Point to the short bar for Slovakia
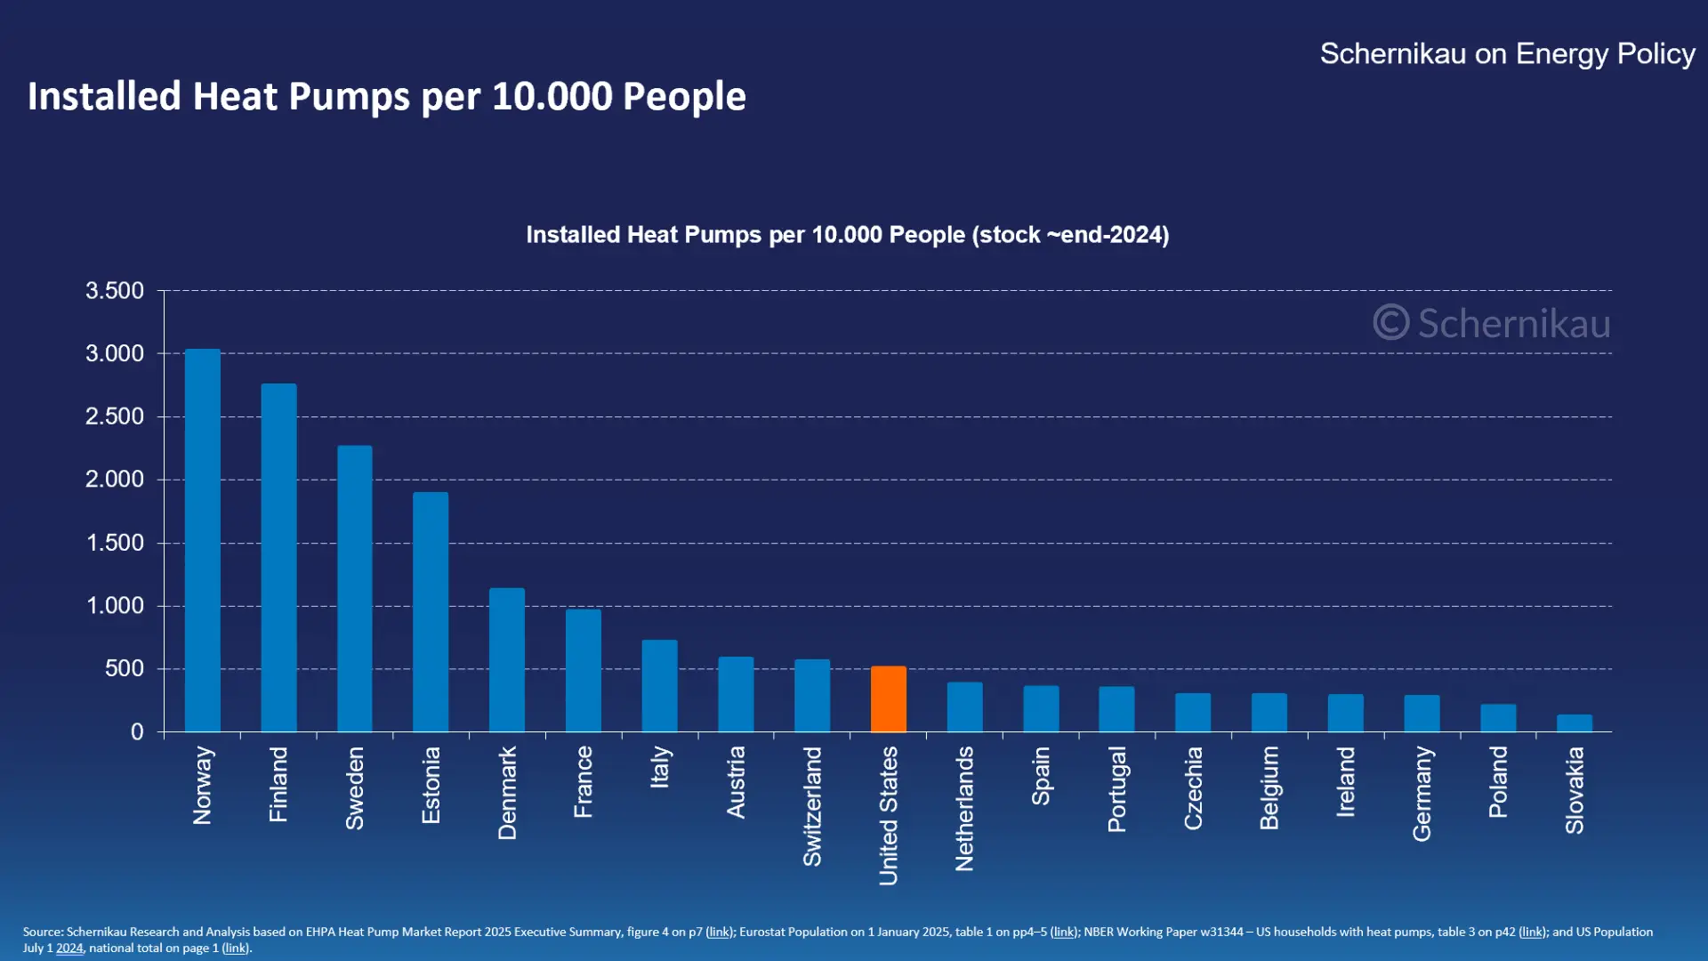point(1574,723)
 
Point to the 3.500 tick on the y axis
point(114,291)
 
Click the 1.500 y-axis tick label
point(114,543)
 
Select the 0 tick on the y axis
point(136,732)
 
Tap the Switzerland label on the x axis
point(812,806)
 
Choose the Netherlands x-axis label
point(964,809)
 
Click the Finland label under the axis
point(278,784)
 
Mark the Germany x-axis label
point(1422,794)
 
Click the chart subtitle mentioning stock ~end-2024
point(847,235)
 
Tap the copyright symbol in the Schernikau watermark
point(1390,322)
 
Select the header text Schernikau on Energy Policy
point(1507,54)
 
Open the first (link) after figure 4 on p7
point(719,932)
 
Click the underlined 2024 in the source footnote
point(69,949)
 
